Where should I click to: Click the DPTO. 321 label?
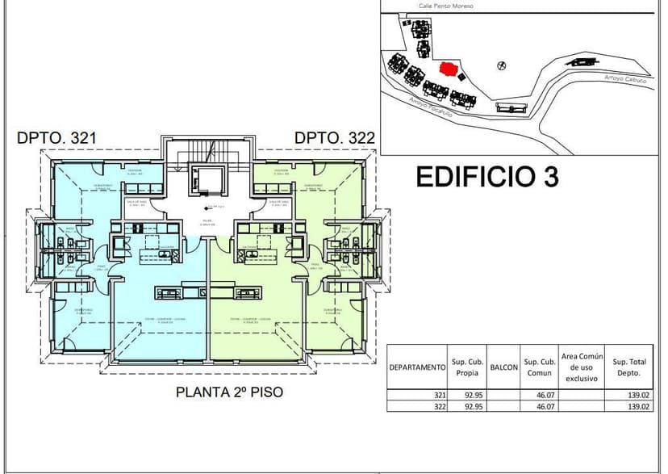pos(56,138)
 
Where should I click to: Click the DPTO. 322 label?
pos(335,138)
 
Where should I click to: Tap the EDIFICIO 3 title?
pos(487,177)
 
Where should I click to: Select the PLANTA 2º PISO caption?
pos(229,392)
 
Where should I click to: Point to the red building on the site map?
pos(448,69)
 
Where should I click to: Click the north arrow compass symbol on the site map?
pos(502,64)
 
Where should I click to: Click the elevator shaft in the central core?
pos(200,180)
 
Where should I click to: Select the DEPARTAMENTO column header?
pos(417,367)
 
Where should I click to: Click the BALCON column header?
pos(503,367)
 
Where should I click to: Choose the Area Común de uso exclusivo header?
pos(581,367)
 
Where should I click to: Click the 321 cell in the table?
pos(439,395)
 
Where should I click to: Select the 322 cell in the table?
pos(439,406)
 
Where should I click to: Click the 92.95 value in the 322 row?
pos(472,406)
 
